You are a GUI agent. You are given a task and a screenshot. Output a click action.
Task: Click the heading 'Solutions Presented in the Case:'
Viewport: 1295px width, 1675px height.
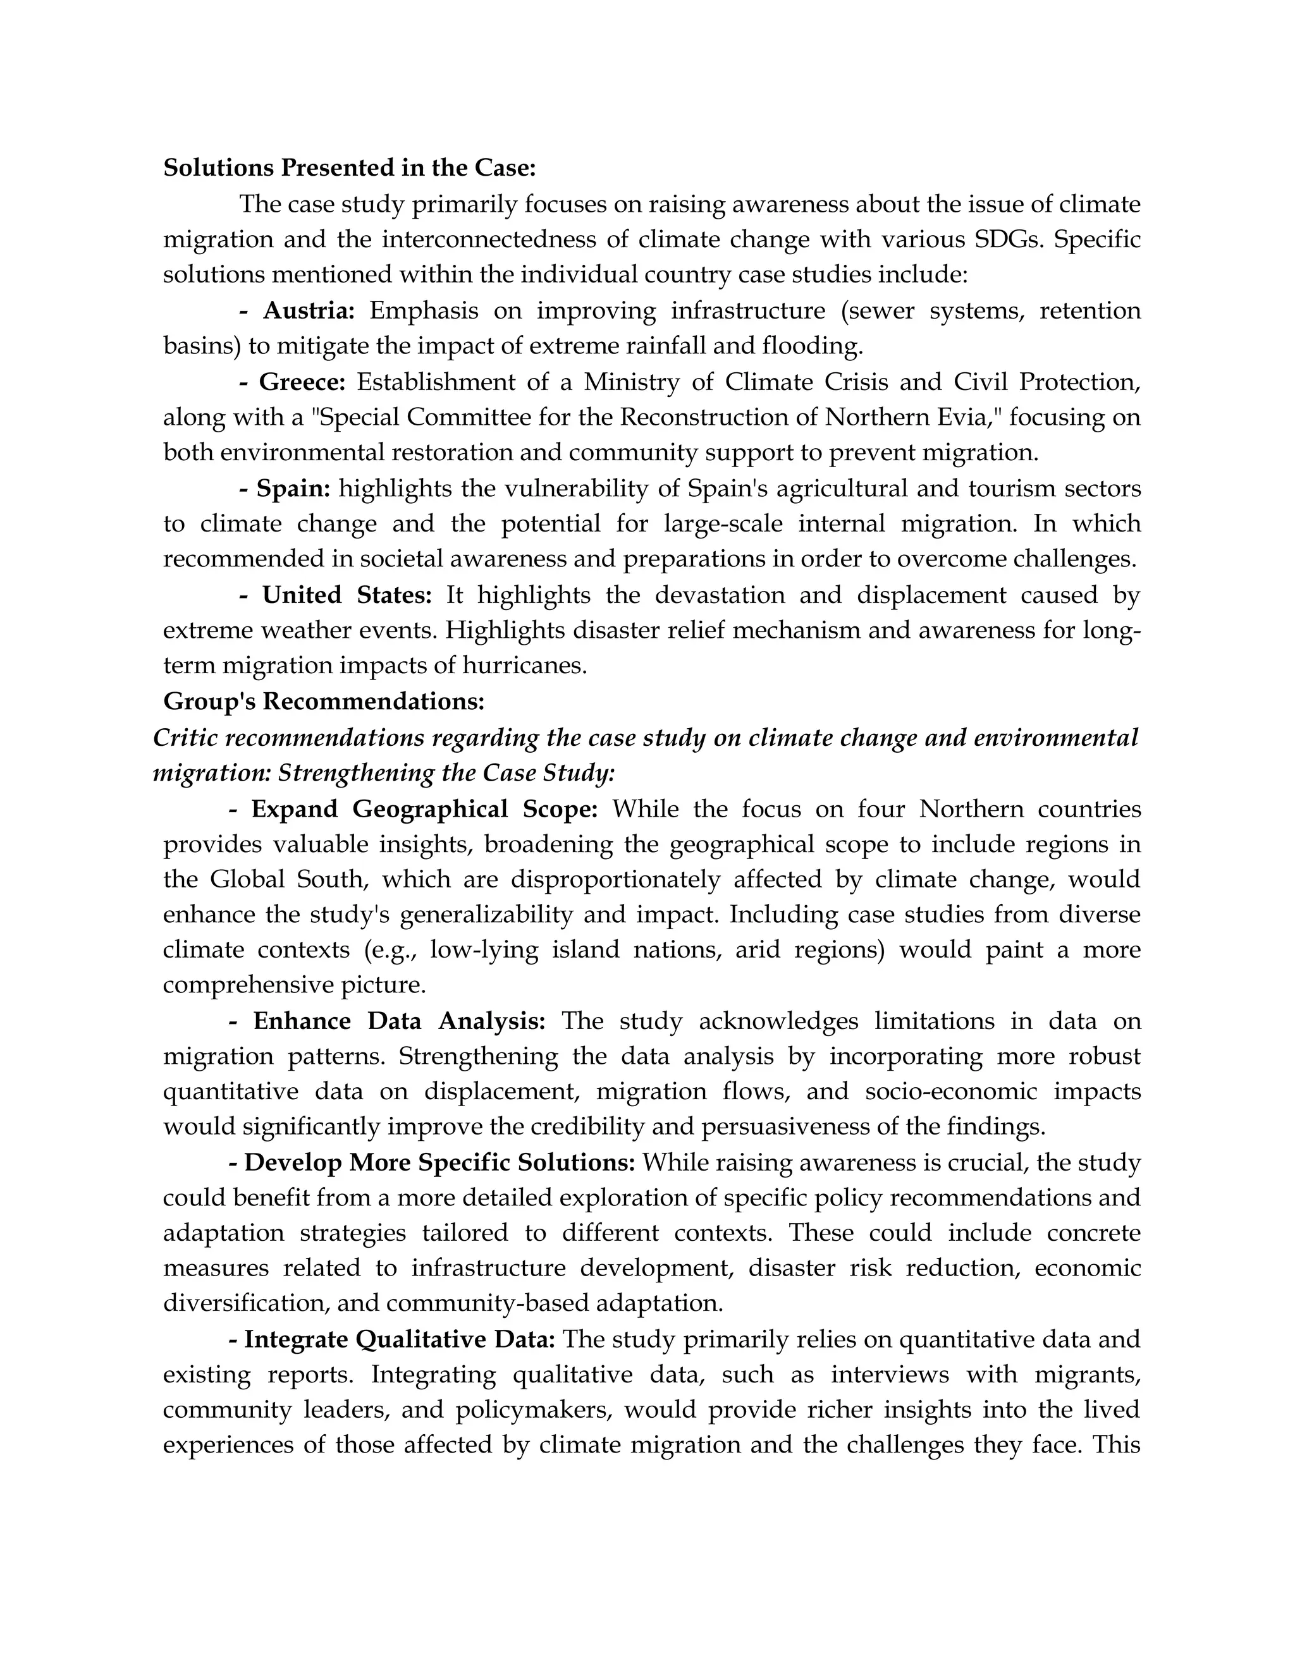[349, 168]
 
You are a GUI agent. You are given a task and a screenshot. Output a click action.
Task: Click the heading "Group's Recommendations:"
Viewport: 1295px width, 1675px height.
[324, 701]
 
